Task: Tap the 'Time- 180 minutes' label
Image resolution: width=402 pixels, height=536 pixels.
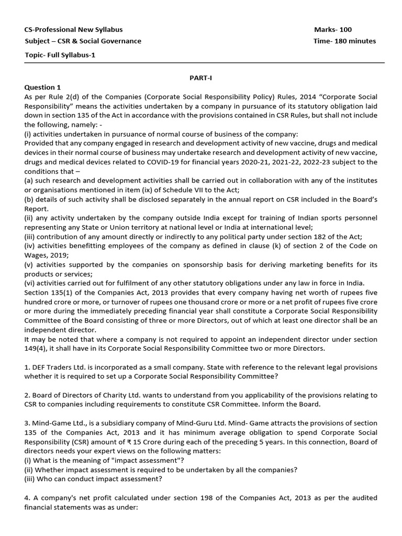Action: pos(344,41)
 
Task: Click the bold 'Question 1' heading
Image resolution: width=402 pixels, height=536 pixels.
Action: pos(43,87)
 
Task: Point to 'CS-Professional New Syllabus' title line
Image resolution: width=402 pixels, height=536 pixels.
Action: pos(74,30)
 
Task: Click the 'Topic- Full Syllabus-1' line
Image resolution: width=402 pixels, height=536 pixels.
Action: pos(60,54)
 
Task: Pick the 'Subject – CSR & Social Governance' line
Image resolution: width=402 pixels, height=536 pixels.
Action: pos(83,41)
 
